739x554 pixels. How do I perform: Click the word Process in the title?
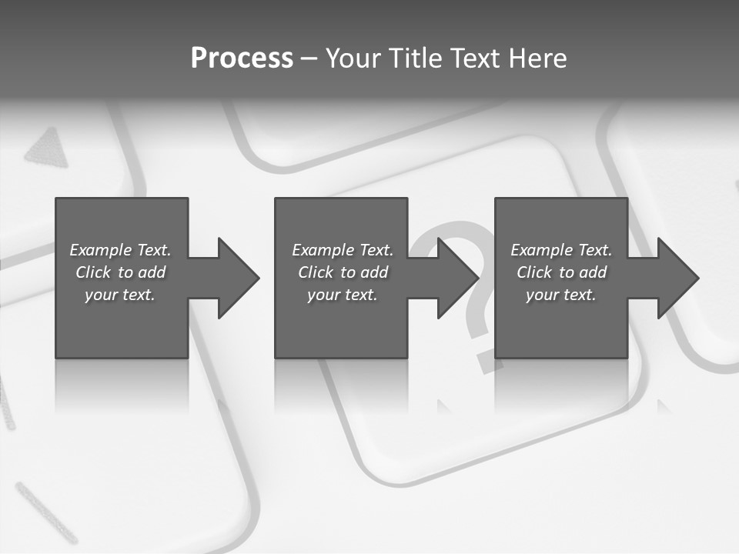point(242,58)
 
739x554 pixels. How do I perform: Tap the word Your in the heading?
point(355,58)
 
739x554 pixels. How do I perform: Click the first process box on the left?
point(122,323)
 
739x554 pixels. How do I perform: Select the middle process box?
point(341,323)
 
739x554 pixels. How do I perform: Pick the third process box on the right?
point(560,323)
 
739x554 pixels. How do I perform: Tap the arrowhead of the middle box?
point(457,278)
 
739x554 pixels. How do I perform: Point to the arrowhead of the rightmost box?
point(677,278)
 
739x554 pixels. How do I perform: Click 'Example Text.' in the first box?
point(120,250)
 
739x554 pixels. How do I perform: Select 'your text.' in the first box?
point(120,295)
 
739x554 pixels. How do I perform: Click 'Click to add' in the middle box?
point(343,272)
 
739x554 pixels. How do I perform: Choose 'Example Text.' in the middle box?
point(343,250)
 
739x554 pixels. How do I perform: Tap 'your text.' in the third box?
point(561,295)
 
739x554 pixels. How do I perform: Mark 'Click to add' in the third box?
point(561,272)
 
